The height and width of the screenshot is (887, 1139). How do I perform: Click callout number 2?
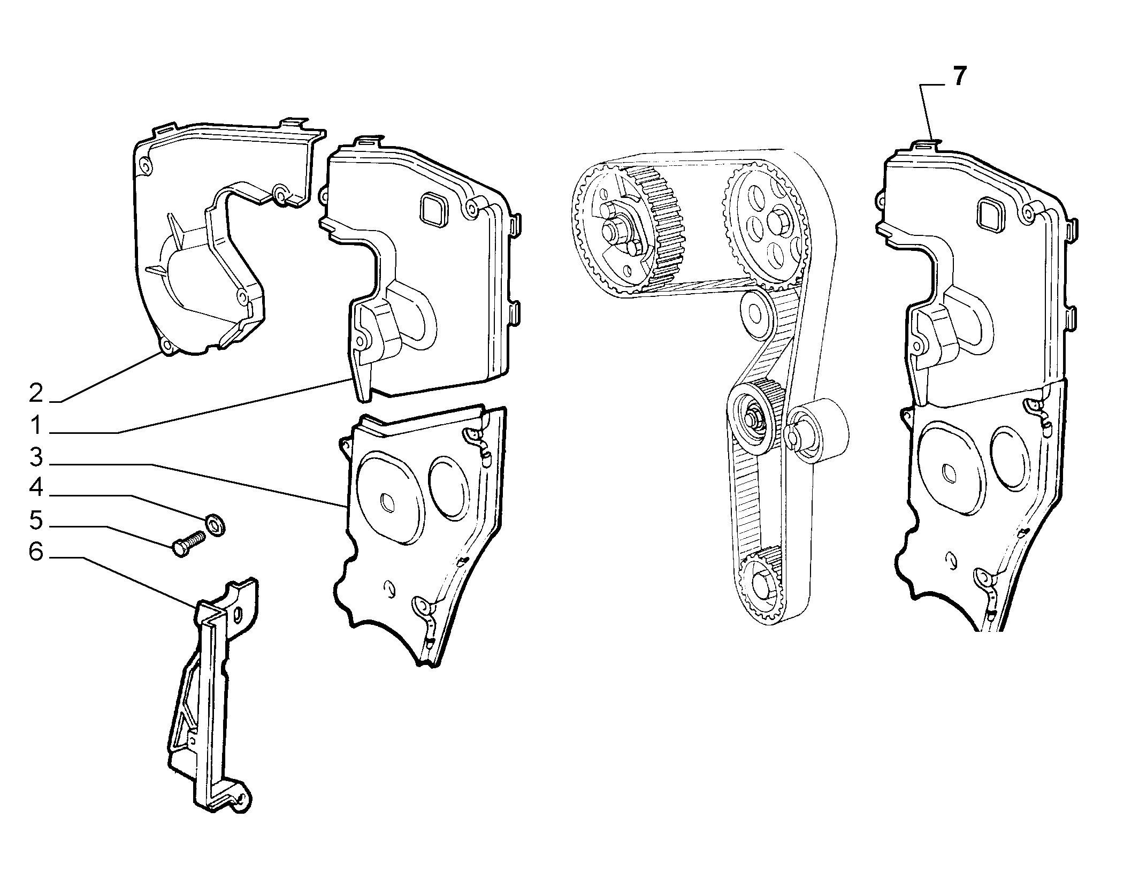[36, 394]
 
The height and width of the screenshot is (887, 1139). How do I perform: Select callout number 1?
[36, 426]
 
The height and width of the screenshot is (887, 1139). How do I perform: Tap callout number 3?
[36, 458]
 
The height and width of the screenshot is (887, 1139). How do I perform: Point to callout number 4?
[36, 487]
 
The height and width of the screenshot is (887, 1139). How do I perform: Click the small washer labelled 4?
[216, 524]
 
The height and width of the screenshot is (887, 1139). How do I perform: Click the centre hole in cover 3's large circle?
[386, 502]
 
